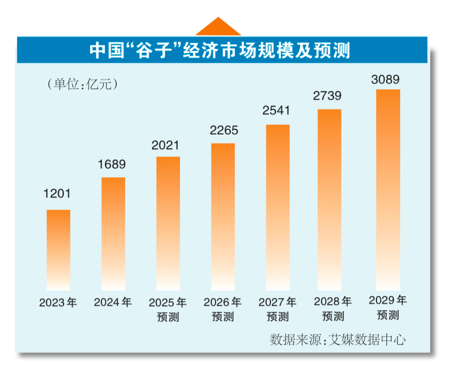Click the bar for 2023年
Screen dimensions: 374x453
point(58,250)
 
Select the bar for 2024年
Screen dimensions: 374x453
point(113,234)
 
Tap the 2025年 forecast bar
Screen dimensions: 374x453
point(168,224)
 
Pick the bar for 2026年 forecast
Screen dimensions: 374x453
point(223,217)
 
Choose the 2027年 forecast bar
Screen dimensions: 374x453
point(277,207)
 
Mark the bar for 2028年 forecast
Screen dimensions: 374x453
point(329,200)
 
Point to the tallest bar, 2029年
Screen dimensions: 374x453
point(388,190)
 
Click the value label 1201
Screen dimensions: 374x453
point(58,194)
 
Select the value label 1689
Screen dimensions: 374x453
point(112,164)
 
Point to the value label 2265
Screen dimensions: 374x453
point(224,130)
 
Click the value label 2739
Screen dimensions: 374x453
point(328,95)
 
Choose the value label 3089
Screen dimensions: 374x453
point(385,79)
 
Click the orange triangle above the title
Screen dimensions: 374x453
point(218,27)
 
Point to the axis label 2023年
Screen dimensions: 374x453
point(58,302)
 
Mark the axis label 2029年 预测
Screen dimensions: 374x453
point(388,307)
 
